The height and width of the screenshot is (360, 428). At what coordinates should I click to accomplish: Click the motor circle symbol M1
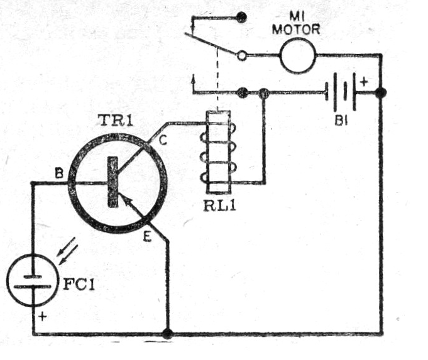(x=297, y=55)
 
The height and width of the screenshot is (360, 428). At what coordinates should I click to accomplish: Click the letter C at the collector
(x=162, y=142)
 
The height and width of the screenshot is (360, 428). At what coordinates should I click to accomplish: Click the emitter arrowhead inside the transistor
(x=125, y=201)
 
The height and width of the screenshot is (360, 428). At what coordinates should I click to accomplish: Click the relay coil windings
(x=218, y=153)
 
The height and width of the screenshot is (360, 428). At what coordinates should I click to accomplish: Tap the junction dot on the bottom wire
(x=167, y=333)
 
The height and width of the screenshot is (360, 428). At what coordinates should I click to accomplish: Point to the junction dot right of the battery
(x=381, y=93)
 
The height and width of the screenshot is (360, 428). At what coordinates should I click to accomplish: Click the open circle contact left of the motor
(x=242, y=56)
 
